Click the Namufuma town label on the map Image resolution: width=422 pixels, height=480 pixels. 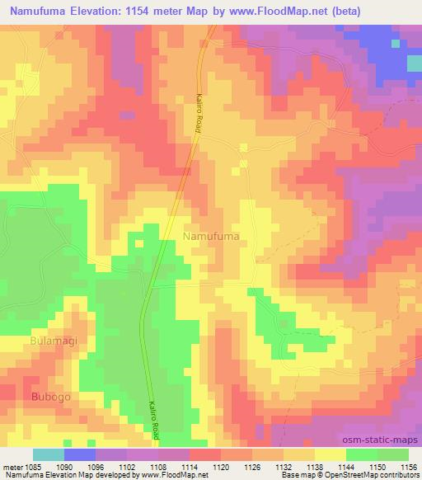click(x=210, y=236)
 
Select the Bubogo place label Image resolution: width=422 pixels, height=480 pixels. click(x=52, y=397)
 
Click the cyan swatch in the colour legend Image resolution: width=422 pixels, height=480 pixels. click(x=49, y=454)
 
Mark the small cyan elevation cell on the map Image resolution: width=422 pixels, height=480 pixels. click(x=415, y=64)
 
